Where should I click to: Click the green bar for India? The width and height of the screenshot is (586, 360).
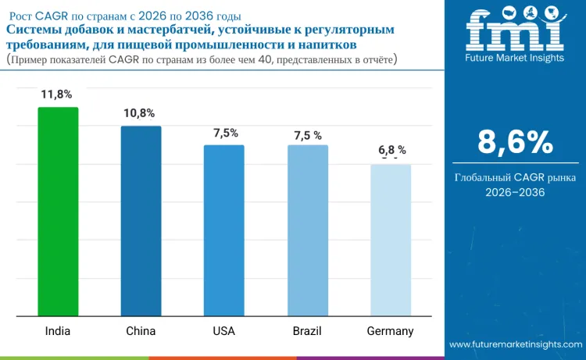point(58,212)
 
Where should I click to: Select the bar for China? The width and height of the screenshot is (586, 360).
point(141,221)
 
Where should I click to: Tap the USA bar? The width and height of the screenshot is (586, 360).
point(224,230)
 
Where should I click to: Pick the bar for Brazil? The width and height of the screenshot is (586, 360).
point(307,230)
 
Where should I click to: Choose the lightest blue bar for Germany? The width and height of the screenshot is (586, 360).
point(391,240)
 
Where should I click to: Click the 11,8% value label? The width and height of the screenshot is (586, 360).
point(57,94)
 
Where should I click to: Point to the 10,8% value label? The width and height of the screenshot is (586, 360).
point(141,113)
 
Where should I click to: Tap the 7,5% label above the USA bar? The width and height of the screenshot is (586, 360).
point(225,133)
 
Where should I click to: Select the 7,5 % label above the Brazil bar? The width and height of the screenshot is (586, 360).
point(308,135)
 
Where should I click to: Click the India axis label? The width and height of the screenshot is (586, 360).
point(57,331)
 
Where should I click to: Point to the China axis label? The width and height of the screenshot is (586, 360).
point(141,331)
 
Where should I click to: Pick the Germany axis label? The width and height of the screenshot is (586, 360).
point(390,331)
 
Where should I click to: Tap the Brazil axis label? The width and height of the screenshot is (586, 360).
point(307,331)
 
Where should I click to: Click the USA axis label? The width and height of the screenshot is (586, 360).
point(224,331)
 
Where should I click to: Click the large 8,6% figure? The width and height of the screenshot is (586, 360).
point(515,143)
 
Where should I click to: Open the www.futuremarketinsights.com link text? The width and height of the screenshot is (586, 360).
point(516,344)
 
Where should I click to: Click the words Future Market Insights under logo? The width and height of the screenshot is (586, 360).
point(514,58)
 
